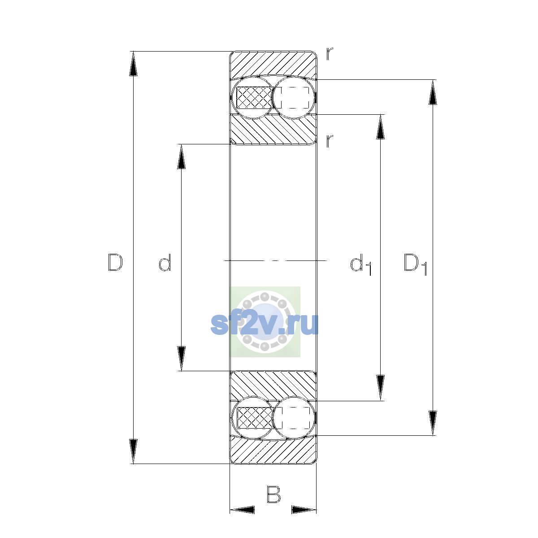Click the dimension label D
115,262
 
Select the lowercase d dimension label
165,262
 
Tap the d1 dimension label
361,265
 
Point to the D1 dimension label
415,265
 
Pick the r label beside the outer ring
330,54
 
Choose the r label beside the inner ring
330,141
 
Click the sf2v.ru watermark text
265,324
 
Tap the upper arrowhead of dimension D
133,64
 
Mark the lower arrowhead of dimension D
133,451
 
